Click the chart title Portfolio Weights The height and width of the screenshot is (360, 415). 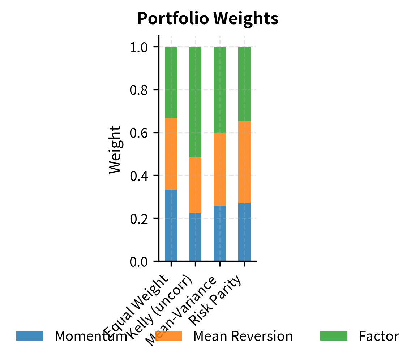tap(208, 19)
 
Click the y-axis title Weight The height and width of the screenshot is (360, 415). tap(115, 149)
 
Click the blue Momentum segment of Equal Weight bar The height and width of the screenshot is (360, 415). tap(171, 225)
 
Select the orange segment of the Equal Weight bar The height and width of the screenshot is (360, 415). tap(171, 154)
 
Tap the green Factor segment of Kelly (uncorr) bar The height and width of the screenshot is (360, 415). tap(195, 102)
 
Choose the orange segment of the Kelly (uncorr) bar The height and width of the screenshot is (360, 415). tap(195, 185)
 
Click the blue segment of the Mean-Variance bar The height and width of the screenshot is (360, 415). tap(220, 233)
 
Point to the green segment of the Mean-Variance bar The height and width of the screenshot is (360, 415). tap(220, 90)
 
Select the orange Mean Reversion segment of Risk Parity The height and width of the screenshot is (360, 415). tap(244, 162)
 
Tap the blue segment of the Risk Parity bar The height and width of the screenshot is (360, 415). tap(244, 232)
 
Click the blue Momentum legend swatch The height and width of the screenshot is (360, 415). tap(30, 336)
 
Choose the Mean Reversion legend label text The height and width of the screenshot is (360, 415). tap(243, 336)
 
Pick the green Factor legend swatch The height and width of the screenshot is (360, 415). tap(334, 336)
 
